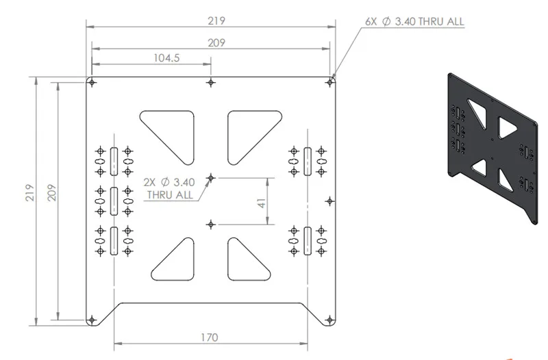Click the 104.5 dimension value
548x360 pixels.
(x=166, y=57)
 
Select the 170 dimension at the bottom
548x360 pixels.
(x=210, y=337)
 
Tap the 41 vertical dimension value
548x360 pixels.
(x=262, y=203)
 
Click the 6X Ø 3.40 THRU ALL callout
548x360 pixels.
(x=414, y=21)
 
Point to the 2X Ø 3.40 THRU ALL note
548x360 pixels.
(x=169, y=188)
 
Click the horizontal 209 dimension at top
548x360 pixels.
(x=216, y=42)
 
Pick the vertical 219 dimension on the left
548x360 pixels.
(x=30, y=192)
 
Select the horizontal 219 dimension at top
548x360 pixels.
(x=216, y=21)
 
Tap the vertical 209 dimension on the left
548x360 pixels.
(x=52, y=192)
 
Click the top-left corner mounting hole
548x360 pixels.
(x=92, y=83)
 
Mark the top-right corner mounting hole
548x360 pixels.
(x=329, y=83)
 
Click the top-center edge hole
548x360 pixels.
(x=211, y=83)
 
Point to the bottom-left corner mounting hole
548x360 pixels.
(x=92, y=320)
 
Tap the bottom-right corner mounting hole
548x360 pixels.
(x=329, y=320)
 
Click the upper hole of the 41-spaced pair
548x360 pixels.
(x=211, y=178)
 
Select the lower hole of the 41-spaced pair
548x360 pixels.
(x=211, y=224)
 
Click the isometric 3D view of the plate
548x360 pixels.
(x=492, y=149)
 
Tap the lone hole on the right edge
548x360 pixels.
(x=329, y=201)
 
